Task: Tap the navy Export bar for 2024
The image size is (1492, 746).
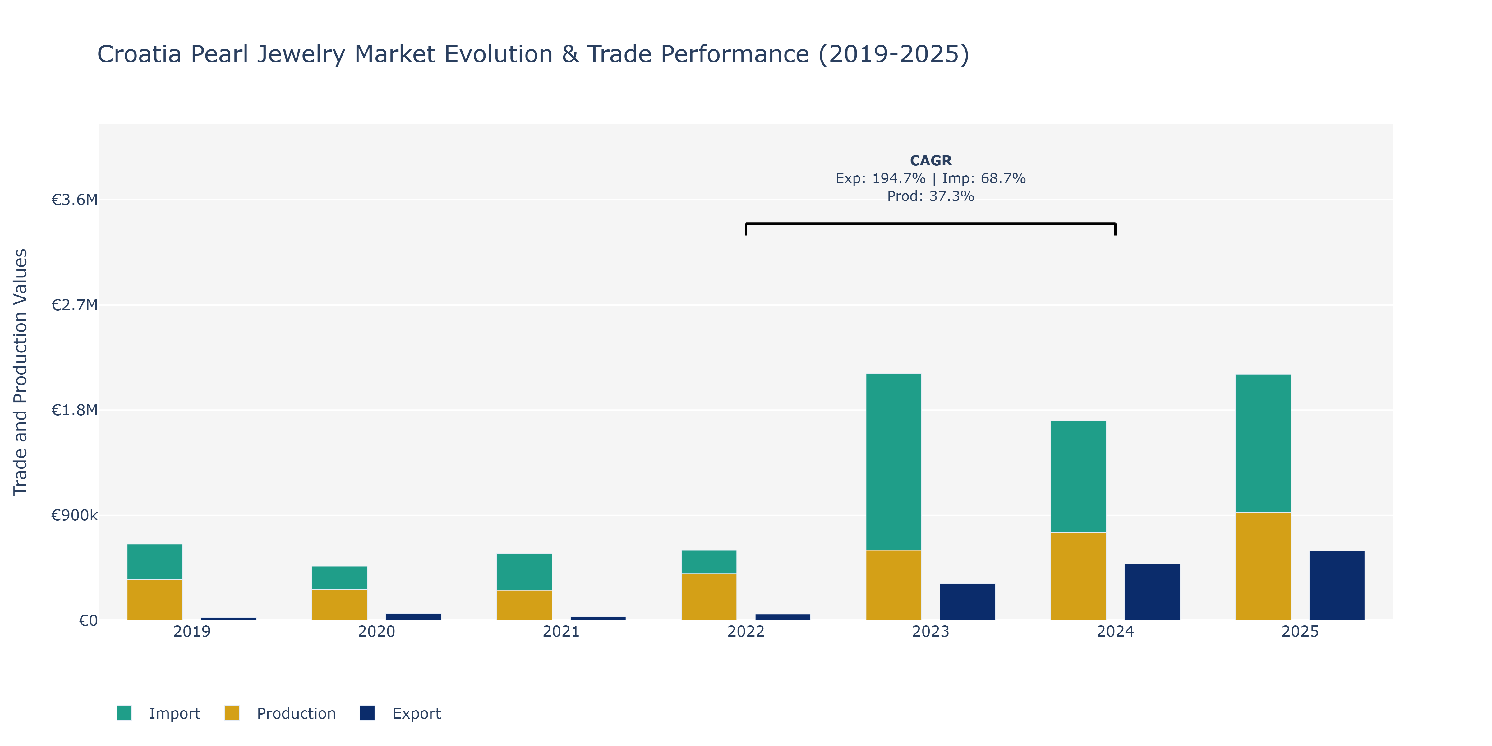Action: (x=1152, y=592)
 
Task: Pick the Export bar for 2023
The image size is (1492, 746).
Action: (x=967, y=602)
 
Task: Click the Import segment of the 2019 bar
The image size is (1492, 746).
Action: (x=155, y=562)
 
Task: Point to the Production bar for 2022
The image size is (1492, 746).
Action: (x=709, y=596)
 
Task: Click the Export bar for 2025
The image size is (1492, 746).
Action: (x=1337, y=586)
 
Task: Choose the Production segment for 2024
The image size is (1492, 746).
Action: (x=1078, y=576)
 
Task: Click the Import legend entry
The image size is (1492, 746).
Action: (x=159, y=713)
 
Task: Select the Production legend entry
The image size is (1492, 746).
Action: (x=280, y=713)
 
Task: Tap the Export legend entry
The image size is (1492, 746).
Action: (x=400, y=713)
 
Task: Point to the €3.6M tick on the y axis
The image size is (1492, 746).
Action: (x=75, y=200)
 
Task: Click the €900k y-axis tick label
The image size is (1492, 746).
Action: (x=75, y=515)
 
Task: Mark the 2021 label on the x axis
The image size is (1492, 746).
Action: (x=561, y=631)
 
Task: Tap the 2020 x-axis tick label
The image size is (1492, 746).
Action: (x=376, y=631)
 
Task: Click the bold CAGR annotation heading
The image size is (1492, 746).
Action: (x=931, y=160)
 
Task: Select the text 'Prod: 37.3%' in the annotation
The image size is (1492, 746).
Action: (x=931, y=196)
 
